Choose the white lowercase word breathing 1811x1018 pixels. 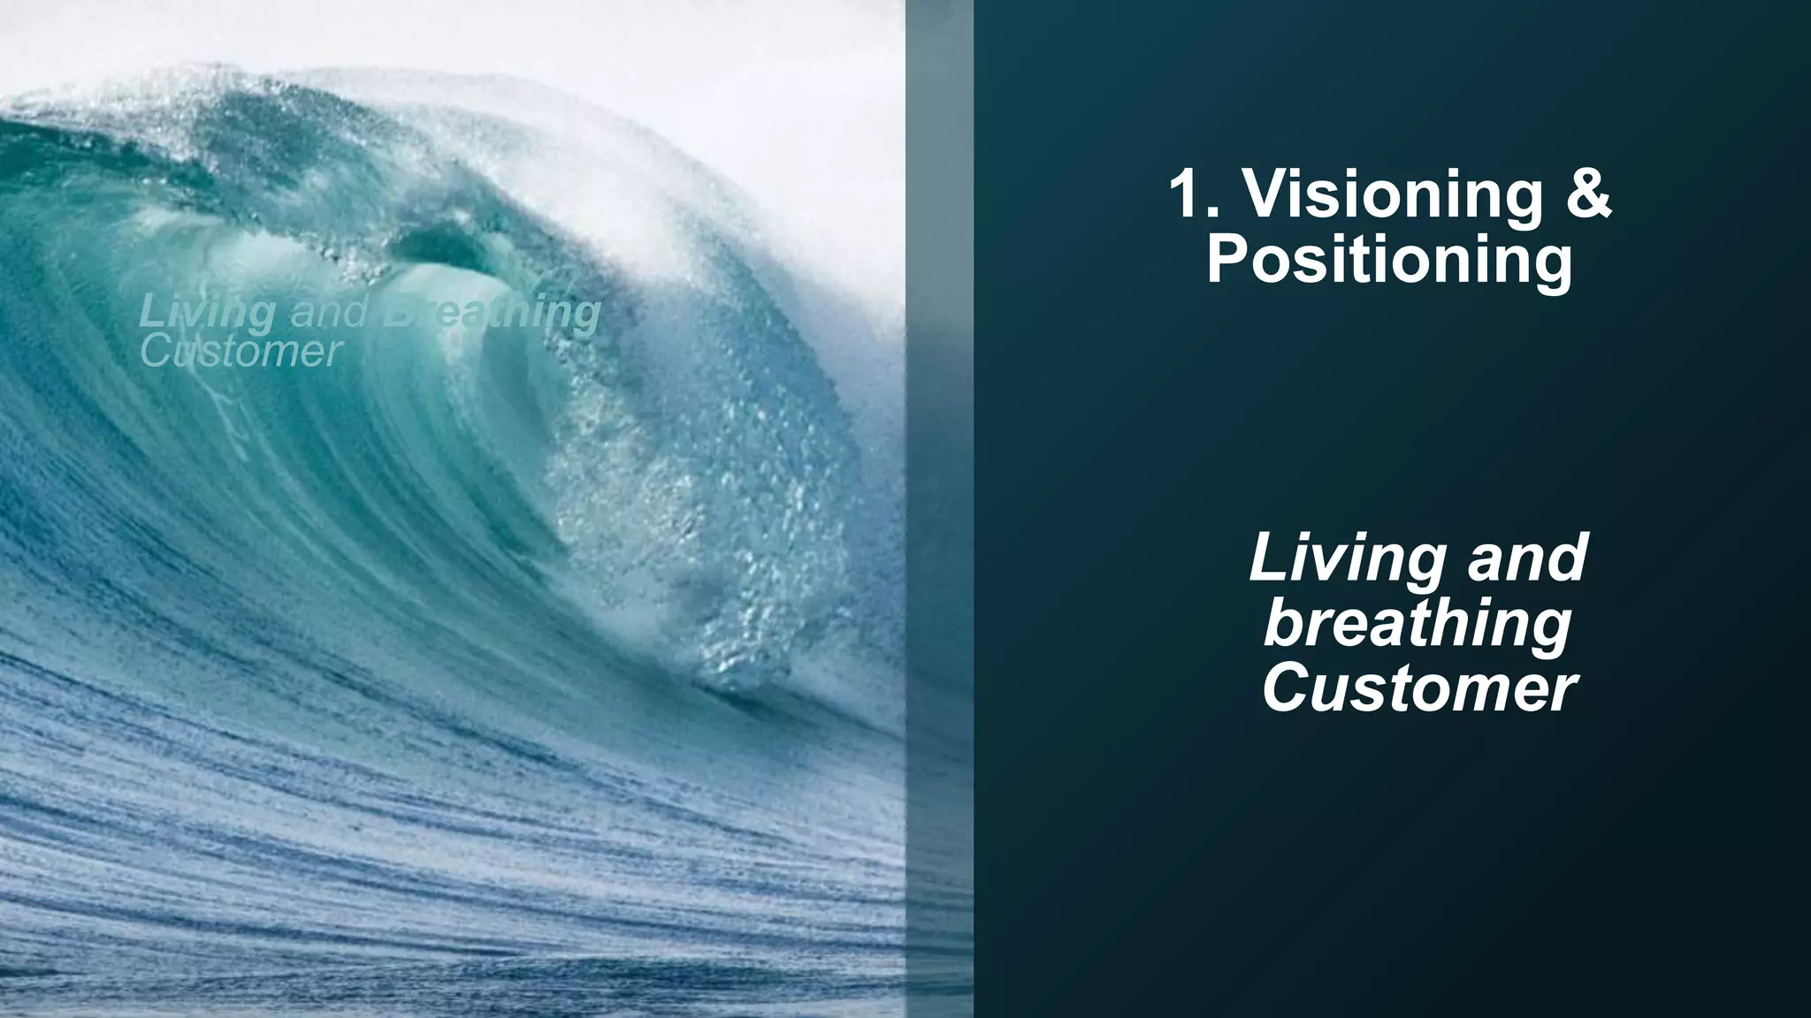[x=1417, y=624]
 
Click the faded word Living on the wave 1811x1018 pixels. [x=207, y=313]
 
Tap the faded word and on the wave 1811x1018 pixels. [x=328, y=312]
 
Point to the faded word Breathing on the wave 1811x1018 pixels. [x=492, y=313]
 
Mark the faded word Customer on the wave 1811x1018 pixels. [x=241, y=351]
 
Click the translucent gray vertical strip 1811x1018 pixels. [x=939, y=509]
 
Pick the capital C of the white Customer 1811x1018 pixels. [x=1287, y=688]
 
